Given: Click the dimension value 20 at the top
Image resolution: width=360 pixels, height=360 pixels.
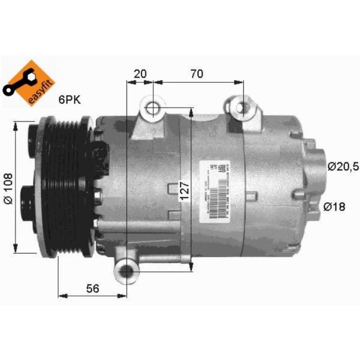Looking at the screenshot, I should [140, 74].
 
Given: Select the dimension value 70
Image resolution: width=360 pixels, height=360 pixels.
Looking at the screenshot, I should [197, 74].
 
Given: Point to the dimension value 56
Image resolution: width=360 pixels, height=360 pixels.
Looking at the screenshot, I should [92, 289].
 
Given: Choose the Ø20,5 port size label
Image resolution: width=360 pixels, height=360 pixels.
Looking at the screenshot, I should [343, 166].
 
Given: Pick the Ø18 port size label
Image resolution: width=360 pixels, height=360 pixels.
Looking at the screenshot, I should [334, 206].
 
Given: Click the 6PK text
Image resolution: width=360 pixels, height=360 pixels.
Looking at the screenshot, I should [70, 100].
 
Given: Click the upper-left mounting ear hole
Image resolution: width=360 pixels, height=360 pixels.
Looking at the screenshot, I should [152, 107].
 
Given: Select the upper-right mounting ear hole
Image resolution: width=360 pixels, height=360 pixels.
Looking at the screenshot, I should [242, 107].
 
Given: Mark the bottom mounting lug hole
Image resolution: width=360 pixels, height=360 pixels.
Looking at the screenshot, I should [127, 271].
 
